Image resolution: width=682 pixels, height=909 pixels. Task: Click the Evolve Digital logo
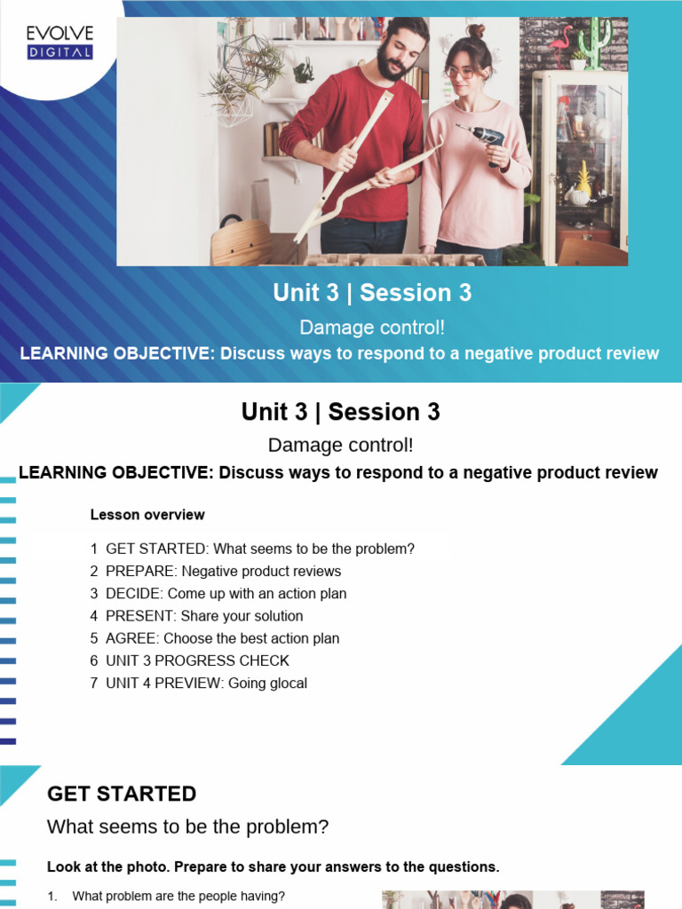59,42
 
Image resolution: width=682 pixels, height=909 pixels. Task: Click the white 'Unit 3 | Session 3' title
372,294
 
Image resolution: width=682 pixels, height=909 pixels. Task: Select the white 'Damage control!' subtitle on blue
372,328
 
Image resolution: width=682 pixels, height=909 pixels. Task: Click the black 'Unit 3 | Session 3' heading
340,412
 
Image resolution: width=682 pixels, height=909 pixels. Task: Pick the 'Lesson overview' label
147,515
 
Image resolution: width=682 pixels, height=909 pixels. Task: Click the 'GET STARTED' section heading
122,794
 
